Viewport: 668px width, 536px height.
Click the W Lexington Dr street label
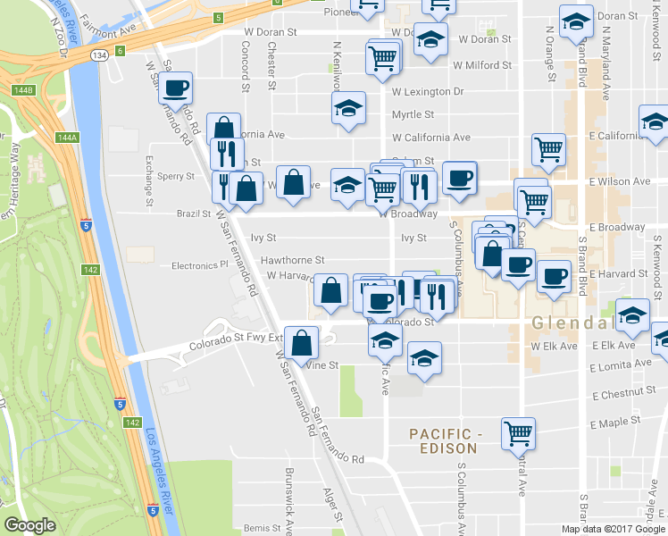point(428,92)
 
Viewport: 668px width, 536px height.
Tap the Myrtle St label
point(413,114)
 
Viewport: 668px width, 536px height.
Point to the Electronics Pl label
point(200,265)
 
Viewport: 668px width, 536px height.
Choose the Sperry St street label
point(175,177)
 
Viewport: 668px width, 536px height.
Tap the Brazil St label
point(193,214)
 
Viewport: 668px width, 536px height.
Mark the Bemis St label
point(262,529)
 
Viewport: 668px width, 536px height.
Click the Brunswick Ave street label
point(288,500)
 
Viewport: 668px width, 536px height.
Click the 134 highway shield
point(100,54)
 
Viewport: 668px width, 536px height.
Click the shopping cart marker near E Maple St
point(518,433)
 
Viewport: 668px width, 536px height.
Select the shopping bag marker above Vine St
point(303,341)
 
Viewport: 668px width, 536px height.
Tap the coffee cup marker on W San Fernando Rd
point(176,88)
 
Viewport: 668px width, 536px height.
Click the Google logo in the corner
point(29,525)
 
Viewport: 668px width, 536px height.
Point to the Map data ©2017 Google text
point(613,529)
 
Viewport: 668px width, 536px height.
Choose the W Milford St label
point(482,65)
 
